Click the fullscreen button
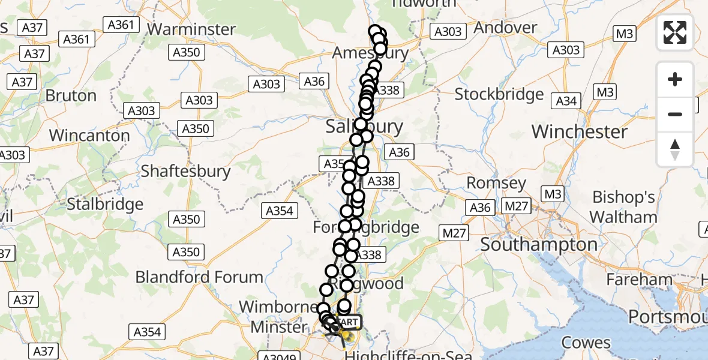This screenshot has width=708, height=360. click(x=675, y=32)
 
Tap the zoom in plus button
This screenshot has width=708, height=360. click(x=675, y=79)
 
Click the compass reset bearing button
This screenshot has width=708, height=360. click(x=675, y=149)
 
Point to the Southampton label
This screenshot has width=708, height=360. click(x=539, y=245)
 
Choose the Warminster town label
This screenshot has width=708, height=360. click(x=191, y=29)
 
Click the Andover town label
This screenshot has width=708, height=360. click(x=505, y=28)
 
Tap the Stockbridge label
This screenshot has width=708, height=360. click(x=499, y=94)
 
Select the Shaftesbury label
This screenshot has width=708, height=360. click(x=185, y=171)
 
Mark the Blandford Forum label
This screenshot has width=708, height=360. click(x=199, y=277)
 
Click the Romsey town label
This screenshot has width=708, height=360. click(x=496, y=183)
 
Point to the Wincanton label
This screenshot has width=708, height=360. click(x=89, y=135)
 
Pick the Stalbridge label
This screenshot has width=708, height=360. click(x=105, y=204)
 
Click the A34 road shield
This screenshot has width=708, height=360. click(x=566, y=101)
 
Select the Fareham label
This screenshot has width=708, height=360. click(x=639, y=280)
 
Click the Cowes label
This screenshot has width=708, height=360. click(x=586, y=343)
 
